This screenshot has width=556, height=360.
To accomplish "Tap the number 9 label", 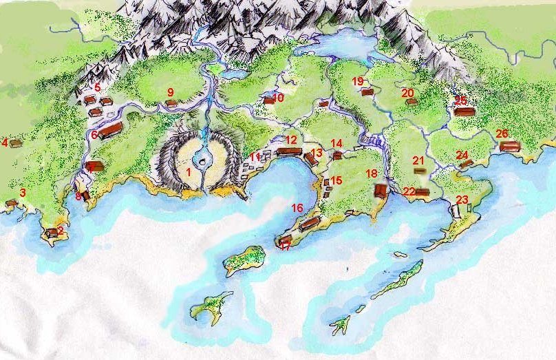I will [x=171, y=92].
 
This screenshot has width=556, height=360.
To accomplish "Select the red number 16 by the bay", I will [x=297, y=207].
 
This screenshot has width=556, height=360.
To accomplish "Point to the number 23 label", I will [x=462, y=200].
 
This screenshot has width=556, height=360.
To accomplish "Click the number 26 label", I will [x=502, y=134].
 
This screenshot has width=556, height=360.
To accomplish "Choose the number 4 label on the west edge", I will [x=5, y=143].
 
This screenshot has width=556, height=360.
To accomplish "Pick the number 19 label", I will [x=358, y=81].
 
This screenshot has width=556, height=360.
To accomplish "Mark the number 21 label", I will [x=418, y=160].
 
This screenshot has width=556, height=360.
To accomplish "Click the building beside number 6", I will [x=110, y=131].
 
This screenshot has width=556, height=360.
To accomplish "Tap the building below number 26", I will [x=510, y=146].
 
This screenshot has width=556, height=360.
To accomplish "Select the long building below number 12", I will [x=290, y=151].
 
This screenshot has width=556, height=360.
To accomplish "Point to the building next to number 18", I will [x=381, y=190].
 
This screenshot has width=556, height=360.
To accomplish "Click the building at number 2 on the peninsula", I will [x=52, y=233].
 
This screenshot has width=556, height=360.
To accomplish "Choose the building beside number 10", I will [x=269, y=100].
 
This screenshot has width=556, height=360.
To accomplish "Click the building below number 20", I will [x=411, y=102].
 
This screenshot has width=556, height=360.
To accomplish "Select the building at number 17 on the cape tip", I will [x=286, y=240].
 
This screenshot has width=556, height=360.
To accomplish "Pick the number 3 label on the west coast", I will [x=23, y=193].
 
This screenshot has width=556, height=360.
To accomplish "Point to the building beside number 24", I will [x=466, y=164].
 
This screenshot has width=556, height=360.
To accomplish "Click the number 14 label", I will [x=336, y=143].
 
